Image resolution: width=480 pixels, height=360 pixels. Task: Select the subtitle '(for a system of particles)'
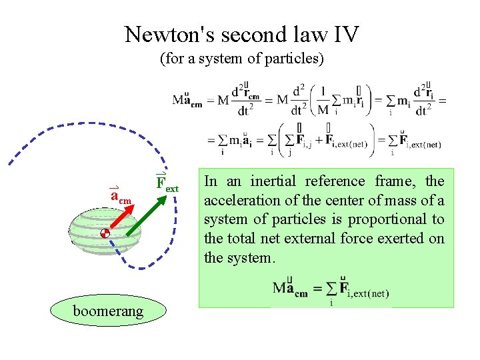[241, 59]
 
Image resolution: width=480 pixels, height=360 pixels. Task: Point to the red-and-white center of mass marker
[105, 234]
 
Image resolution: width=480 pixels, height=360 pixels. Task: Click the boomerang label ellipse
[108, 311]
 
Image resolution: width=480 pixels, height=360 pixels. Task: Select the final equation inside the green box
[331, 291]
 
